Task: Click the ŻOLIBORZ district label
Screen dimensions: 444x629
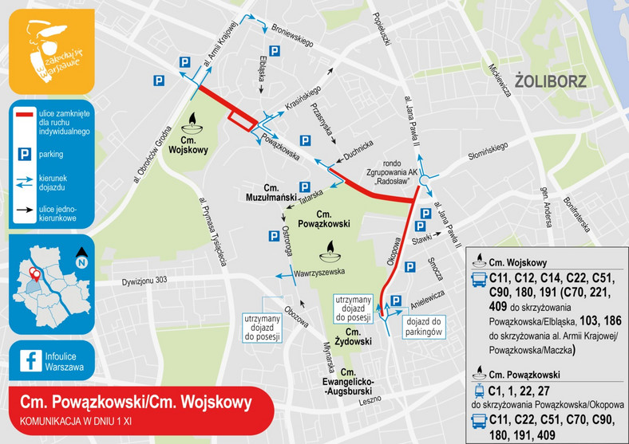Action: coord(552,81)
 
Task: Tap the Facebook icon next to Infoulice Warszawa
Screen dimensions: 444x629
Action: coord(31,360)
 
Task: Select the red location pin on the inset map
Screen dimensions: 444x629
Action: coord(34,276)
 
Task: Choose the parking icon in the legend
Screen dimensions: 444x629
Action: coord(24,153)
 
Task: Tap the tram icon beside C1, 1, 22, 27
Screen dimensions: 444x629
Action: coord(480,391)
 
